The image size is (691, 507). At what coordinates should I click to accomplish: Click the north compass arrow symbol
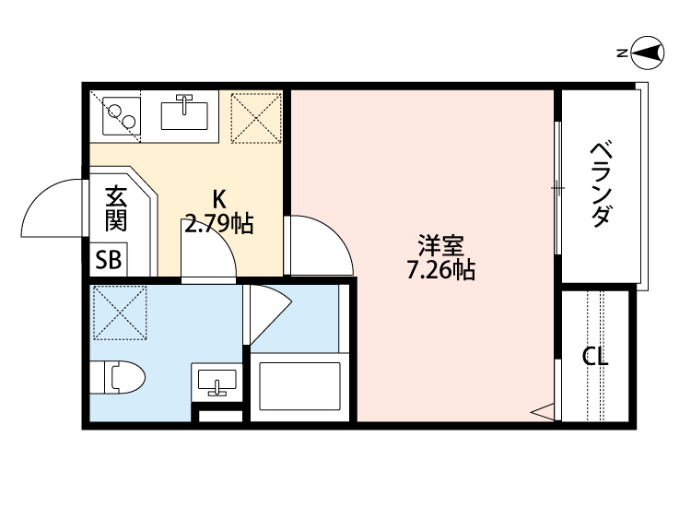tap(648, 53)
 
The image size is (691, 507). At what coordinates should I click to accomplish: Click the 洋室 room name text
tap(440, 247)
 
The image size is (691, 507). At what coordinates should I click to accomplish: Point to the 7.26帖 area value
tap(440, 271)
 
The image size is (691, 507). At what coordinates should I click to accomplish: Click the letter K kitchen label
tap(218, 198)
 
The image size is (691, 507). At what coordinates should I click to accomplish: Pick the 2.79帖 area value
tap(219, 223)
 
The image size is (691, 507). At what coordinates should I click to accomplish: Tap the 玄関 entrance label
tap(115, 207)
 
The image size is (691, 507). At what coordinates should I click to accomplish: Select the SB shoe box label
tap(109, 261)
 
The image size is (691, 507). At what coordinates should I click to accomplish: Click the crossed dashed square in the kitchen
tap(253, 117)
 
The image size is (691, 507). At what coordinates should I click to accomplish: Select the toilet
tap(119, 377)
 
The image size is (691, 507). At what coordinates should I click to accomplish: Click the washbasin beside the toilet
tap(217, 381)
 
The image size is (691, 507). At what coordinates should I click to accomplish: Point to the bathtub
tap(300, 386)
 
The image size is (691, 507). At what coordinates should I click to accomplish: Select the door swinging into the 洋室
tap(318, 244)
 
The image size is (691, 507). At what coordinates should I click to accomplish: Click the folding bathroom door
tap(267, 313)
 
